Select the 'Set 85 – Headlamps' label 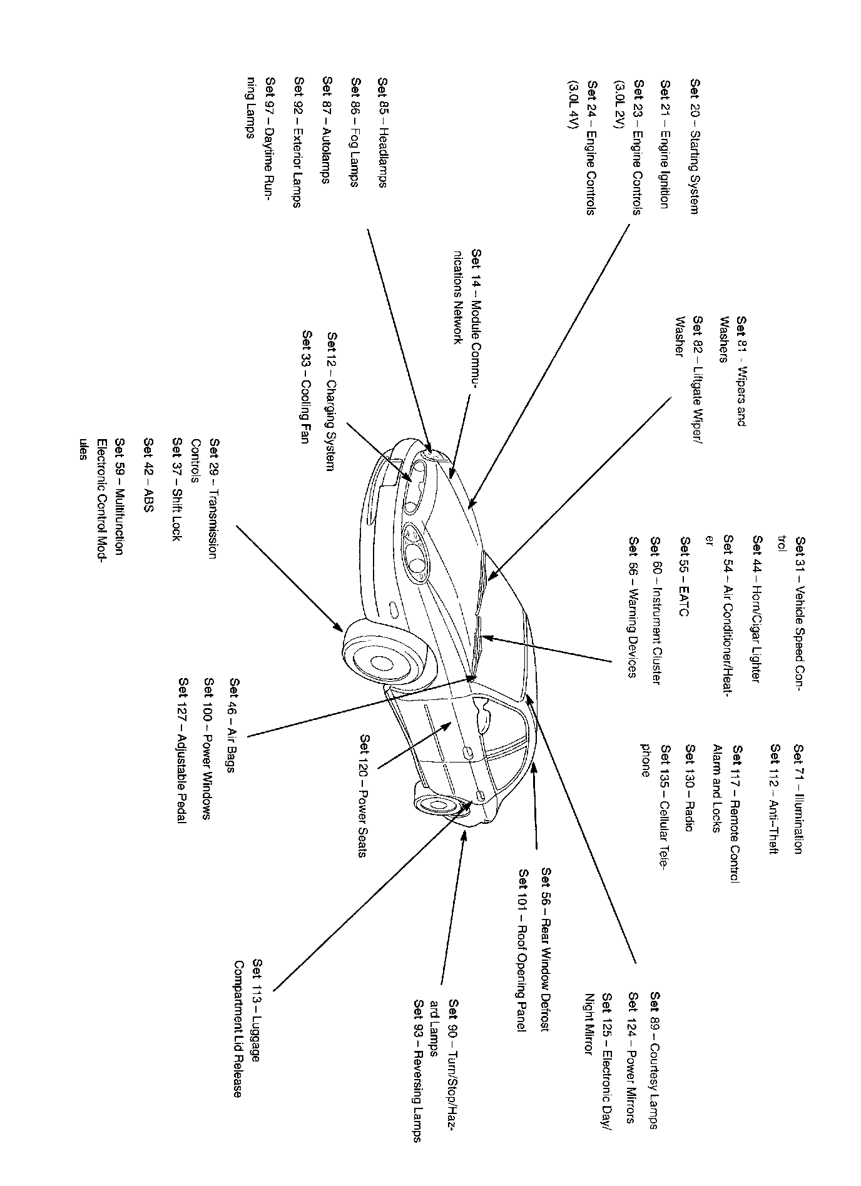[382, 132]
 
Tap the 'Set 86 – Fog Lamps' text [355, 132]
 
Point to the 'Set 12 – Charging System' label [332, 401]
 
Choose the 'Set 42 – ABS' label [148, 475]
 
